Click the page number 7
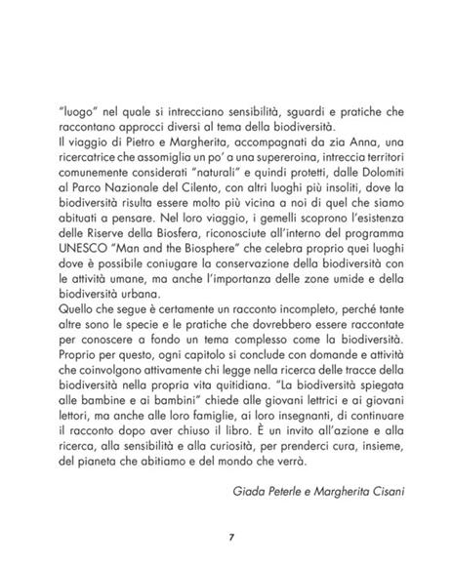point(226,536)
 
